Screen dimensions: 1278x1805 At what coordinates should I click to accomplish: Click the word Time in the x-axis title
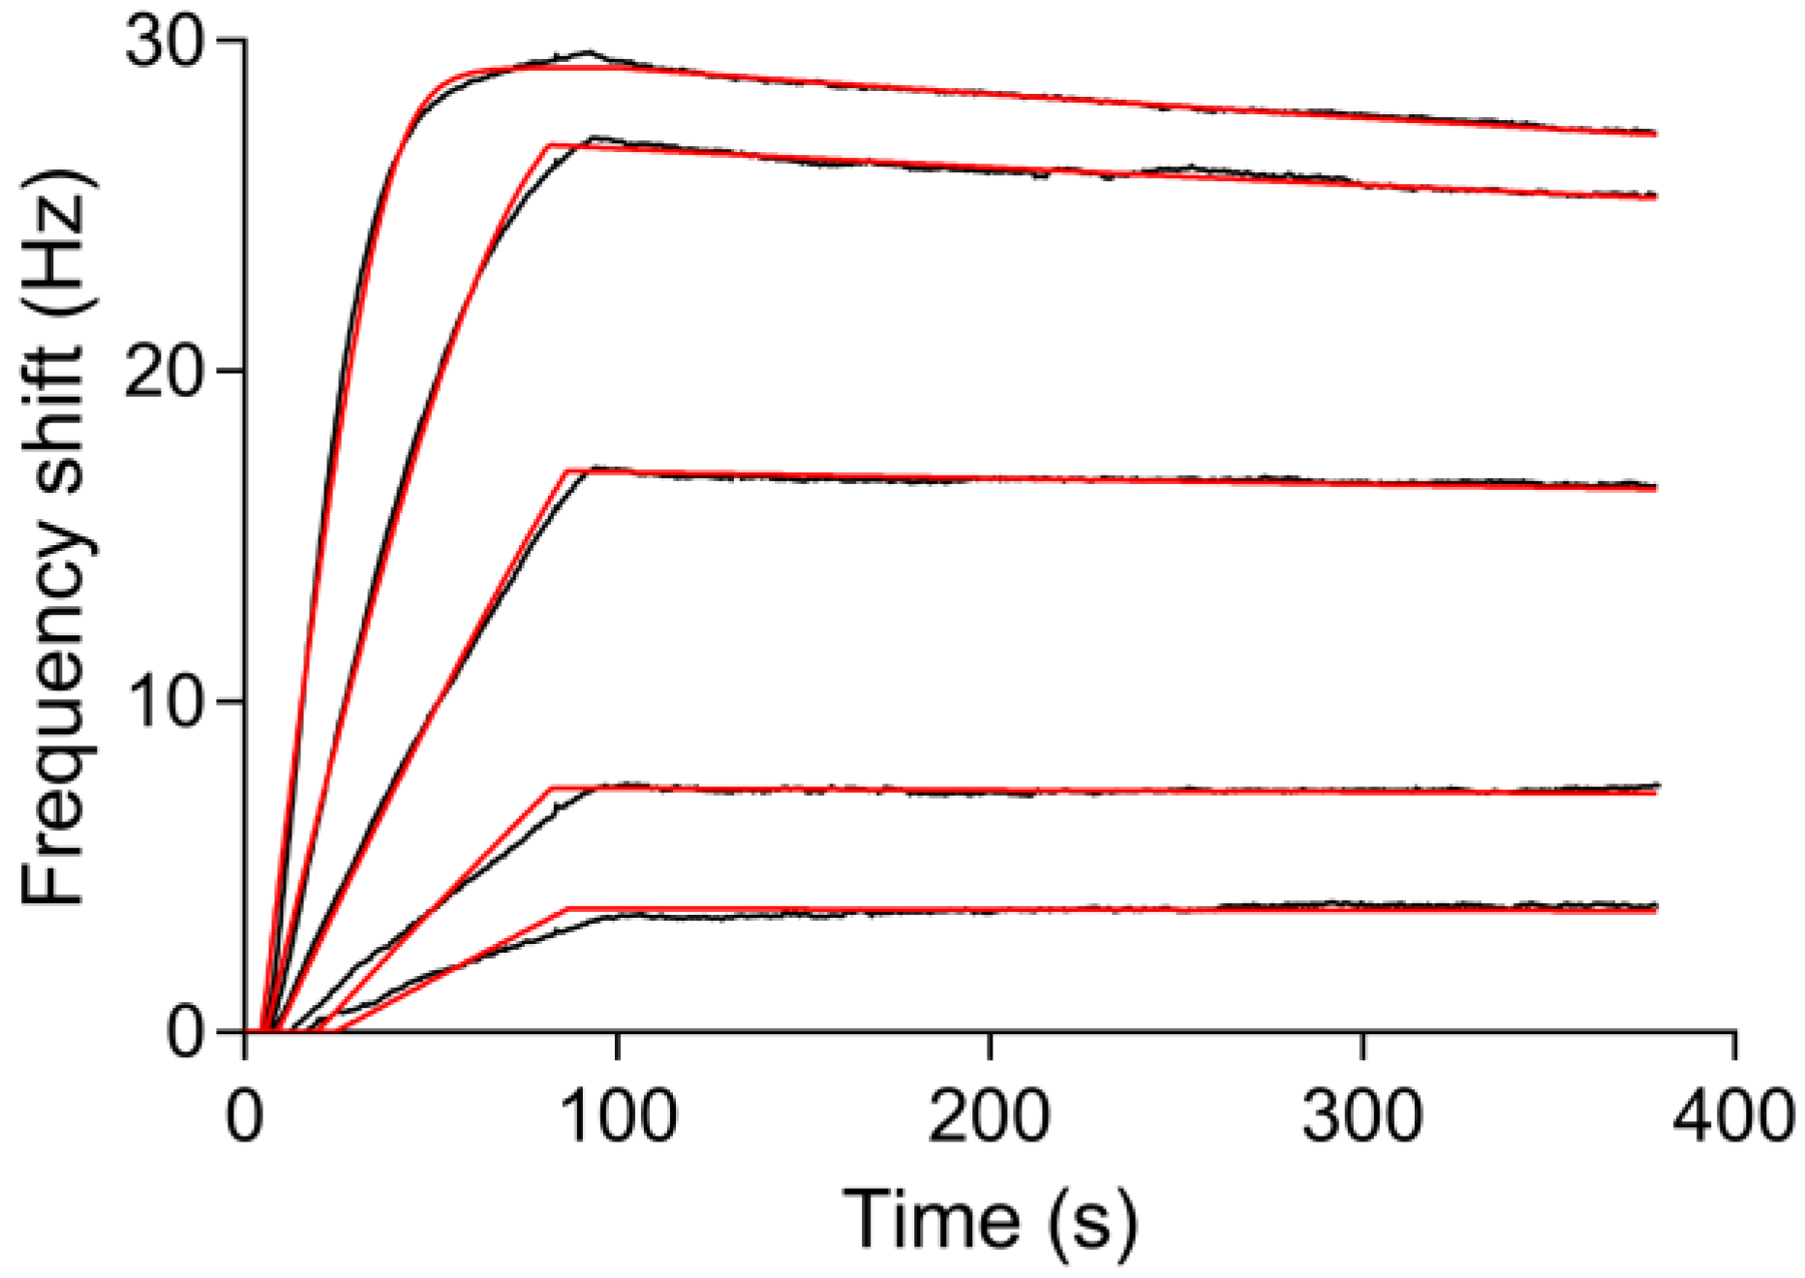tap(933, 1218)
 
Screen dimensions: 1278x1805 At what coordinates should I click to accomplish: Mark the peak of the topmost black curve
tap(587, 52)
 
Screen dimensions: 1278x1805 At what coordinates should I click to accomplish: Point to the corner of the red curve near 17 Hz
tap(566, 471)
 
